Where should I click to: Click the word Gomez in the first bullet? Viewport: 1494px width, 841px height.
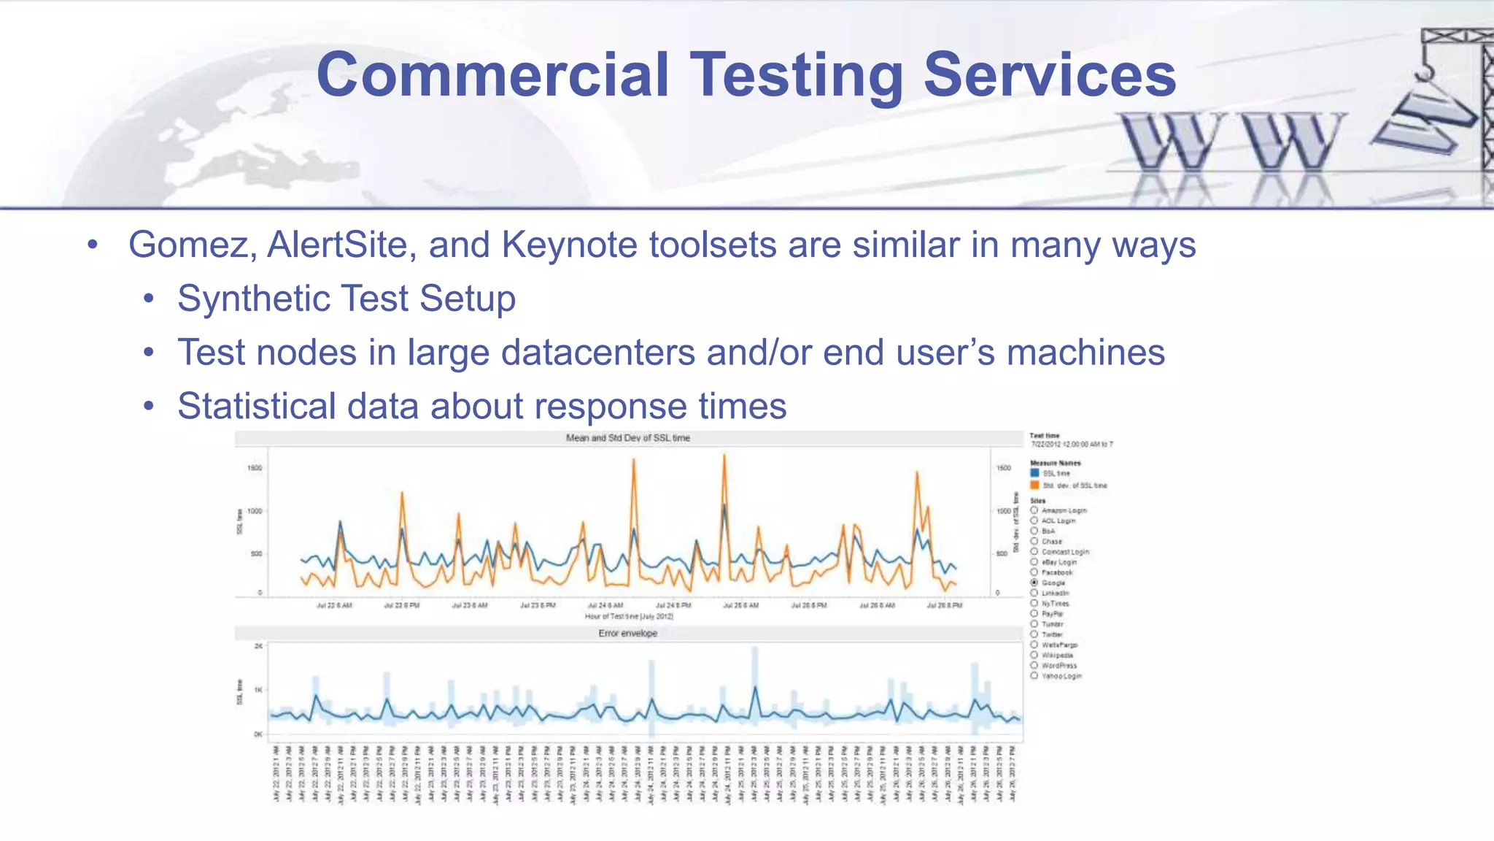(188, 245)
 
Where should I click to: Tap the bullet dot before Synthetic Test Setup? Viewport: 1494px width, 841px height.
(149, 299)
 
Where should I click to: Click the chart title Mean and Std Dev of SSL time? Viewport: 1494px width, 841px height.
(627, 438)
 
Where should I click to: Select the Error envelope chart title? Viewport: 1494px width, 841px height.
(627, 633)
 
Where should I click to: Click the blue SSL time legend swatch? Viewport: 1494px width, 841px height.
(1034, 473)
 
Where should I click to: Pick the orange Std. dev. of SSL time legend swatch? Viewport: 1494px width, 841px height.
(1034, 485)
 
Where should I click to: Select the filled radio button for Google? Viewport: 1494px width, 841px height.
(1034, 583)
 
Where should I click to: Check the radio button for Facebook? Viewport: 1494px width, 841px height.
(1034, 572)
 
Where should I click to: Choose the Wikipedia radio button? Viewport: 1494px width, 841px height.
(1034, 655)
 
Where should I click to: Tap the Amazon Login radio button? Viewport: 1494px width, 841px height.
(1034, 510)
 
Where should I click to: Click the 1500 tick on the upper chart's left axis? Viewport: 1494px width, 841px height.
(254, 468)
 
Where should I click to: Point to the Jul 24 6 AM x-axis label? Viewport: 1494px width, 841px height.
(605, 605)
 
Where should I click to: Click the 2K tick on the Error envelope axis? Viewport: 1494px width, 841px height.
(258, 646)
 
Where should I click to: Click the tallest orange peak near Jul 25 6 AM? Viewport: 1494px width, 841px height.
(724, 456)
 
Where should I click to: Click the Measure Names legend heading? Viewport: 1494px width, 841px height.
(1055, 463)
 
